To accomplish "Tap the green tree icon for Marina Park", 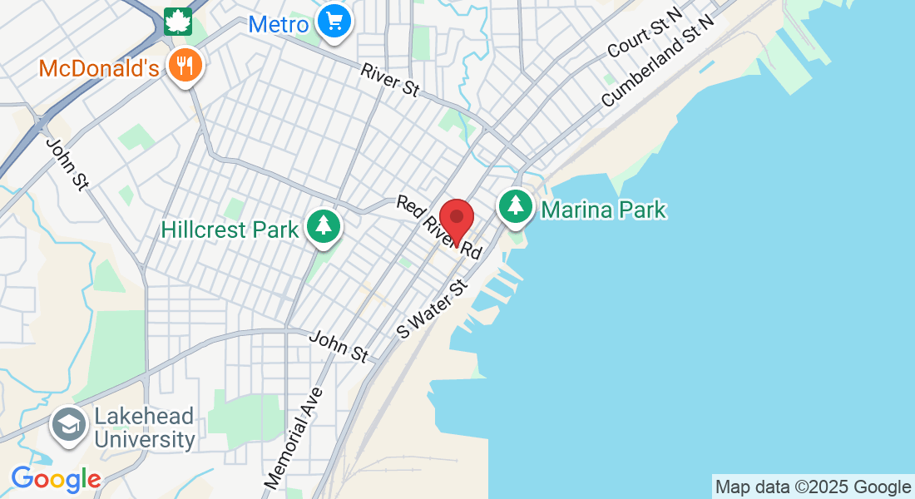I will click(516, 205).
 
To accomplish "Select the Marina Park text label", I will click(603, 209).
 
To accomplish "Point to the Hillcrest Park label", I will click(230, 230).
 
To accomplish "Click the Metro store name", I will click(279, 24).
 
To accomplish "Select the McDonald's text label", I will click(98, 68).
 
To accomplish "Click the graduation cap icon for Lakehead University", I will click(68, 425).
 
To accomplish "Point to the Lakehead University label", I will click(144, 427).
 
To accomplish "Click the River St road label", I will click(389, 80).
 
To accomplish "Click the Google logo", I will click(56, 479).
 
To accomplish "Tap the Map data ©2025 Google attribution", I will click(814, 487).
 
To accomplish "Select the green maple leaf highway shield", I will click(177, 21).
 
